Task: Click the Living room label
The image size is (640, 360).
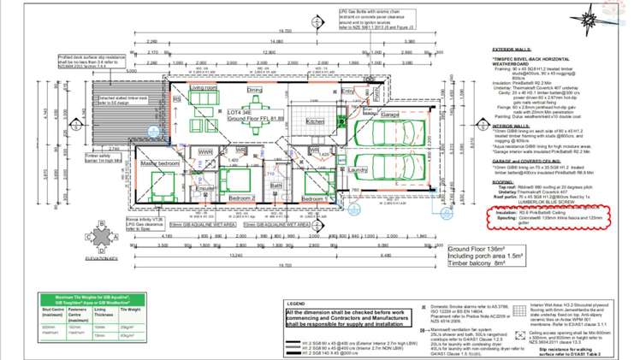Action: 204,88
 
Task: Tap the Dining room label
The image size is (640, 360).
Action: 255,90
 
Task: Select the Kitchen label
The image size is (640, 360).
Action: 316,121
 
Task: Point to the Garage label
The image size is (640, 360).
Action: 390,114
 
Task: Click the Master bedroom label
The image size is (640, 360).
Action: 160,162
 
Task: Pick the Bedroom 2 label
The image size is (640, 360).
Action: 241,198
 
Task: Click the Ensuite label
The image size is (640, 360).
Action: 205,188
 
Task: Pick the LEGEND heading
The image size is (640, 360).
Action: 296,304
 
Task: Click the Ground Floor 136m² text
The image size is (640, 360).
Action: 484,249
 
